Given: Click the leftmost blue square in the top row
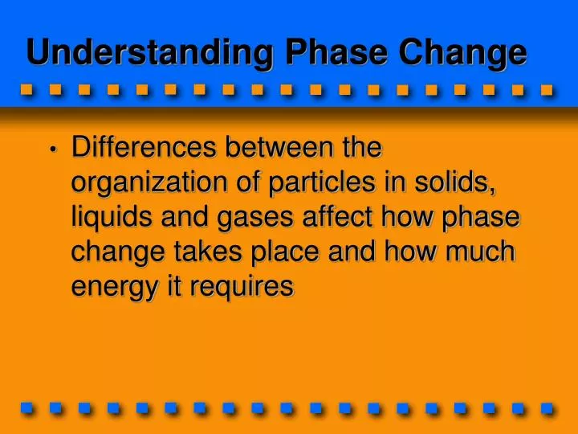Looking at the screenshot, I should click(26, 89).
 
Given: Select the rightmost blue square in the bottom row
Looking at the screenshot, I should click(547, 407).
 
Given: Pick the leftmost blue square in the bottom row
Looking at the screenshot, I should click(26, 407).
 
